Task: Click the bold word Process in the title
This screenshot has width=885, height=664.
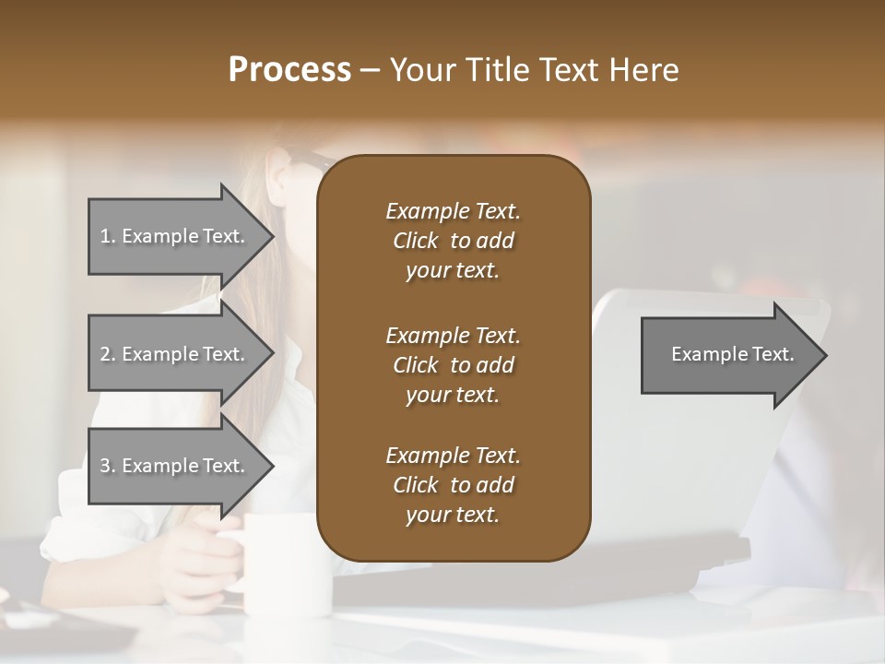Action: tap(289, 70)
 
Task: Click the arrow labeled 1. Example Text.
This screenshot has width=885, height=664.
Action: tap(175, 236)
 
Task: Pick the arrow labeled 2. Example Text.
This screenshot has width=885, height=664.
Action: tap(175, 354)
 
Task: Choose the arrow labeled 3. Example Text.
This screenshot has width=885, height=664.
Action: tap(175, 466)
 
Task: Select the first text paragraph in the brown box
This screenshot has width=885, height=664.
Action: tap(453, 241)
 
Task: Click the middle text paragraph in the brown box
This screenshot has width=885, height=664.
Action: tap(453, 365)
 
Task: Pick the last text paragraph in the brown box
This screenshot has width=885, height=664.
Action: tap(453, 485)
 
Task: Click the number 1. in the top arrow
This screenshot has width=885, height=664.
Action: tap(108, 236)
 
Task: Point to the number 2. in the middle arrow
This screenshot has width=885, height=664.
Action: tap(108, 354)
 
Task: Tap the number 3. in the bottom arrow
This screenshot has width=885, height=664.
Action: tap(108, 466)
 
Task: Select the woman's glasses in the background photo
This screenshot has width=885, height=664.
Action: tap(310, 161)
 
